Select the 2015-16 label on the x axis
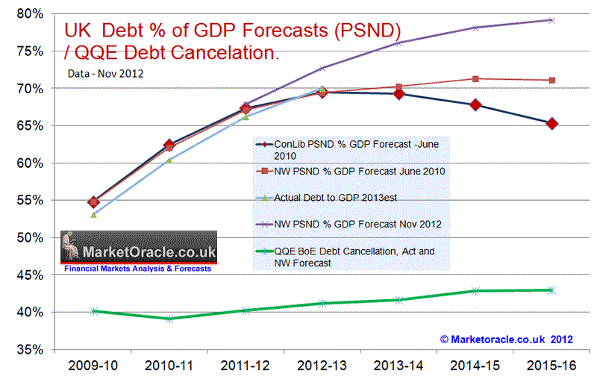[551, 366]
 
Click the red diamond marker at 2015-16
[551, 124]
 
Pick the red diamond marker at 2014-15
[475, 105]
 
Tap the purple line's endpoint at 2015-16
[551, 20]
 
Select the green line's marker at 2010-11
[169, 319]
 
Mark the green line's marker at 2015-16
[551, 290]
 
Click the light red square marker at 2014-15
[475, 78]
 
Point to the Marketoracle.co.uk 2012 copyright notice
[507, 339]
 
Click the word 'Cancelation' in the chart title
[227, 53]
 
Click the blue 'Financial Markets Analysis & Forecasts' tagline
[138, 268]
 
